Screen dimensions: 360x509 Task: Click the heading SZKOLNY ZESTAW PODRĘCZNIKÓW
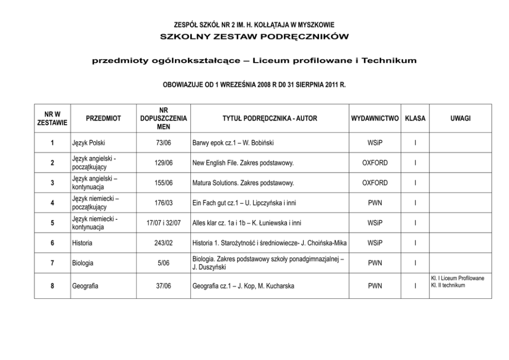(254, 37)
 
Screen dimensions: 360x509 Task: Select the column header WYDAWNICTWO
(375, 118)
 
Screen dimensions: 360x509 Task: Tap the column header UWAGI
(460, 118)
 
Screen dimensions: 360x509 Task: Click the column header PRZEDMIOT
(104, 118)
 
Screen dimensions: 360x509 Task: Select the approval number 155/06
(164, 183)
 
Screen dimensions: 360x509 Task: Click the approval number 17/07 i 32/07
(164, 223)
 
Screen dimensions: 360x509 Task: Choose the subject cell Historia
(83, 243)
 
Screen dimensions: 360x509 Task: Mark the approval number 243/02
(164, 243)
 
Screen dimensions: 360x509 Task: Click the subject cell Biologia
(83, 263)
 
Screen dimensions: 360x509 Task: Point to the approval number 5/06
(164, 263)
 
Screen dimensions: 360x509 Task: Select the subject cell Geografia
(85, 286)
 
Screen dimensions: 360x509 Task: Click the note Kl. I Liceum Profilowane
(457, 278)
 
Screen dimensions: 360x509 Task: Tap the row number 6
(52, 243)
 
